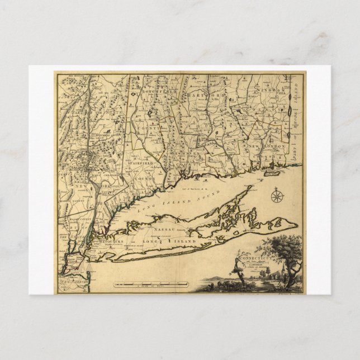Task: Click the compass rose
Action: coord(276,196)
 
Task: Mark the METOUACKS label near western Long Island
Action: coord(103,242)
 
